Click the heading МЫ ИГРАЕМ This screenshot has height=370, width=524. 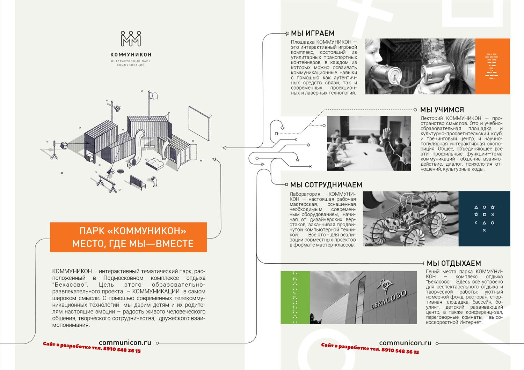[313, 33]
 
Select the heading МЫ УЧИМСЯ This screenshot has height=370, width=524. [442, 110]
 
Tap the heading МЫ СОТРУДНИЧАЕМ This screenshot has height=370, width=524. [326, 185]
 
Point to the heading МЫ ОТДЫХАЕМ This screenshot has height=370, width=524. [454, 263]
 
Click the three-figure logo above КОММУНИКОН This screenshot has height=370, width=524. [131, 39]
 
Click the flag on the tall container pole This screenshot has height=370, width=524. [153, 96]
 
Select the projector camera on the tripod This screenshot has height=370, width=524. [64, 145]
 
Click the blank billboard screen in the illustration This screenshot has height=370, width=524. [199, 123]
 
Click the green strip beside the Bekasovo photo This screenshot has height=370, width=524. [295, 297]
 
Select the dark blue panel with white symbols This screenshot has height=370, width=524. [484, 219]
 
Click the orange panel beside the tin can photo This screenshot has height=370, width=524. [493, 66]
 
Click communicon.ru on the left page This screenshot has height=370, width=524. [125, 343]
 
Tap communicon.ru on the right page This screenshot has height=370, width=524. [405, 343]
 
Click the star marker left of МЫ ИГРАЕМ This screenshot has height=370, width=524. [287, 33]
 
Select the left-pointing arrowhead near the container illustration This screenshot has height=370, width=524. [224, 148]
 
